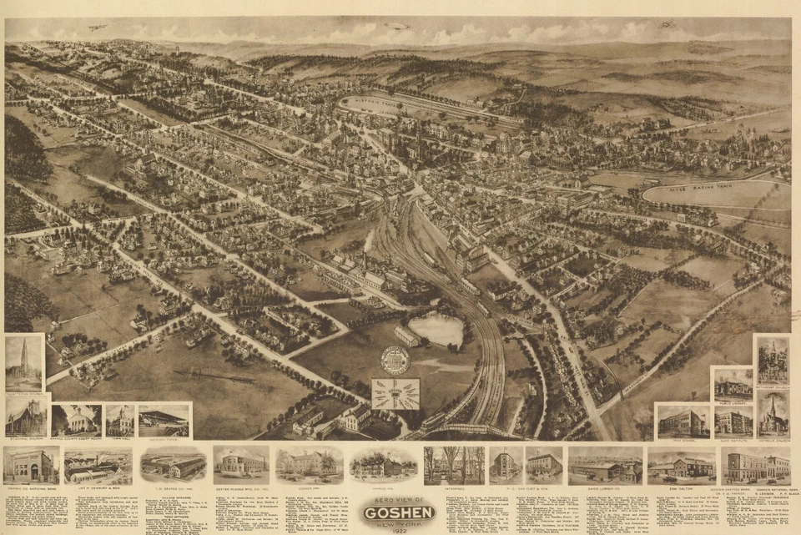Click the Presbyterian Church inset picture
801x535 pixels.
[x=23, y=363]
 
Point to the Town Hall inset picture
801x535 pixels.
[x=119, y=420]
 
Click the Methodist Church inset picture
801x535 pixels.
[x=773, y=361]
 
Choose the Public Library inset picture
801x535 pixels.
[x=733, y=384]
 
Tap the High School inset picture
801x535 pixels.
[x=682, y=421]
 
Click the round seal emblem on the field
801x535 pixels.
[x=395, y=360]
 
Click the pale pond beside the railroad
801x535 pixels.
[x=436, y=330]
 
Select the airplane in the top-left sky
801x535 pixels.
[x=98, y=28]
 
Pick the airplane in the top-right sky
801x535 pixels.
[x=667, y=24]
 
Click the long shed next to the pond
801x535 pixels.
[x=406, y=336]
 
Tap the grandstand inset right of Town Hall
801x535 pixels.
[x=164, y=420]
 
